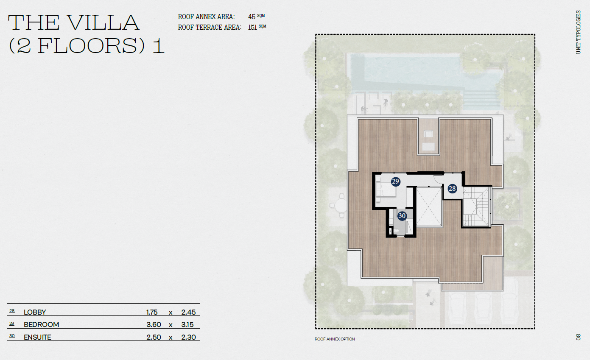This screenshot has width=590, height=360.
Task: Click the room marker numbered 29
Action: click(395, 181)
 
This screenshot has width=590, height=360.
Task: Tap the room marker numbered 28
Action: click(452, 189)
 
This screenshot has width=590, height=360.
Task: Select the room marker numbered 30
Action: click(402, 216)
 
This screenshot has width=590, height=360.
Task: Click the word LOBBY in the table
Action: click(35, 313)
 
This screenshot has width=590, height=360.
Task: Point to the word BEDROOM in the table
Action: click(41, 325)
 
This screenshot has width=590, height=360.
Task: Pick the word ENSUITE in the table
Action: click(37, 338)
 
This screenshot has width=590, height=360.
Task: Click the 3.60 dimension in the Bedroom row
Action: click(154, 325)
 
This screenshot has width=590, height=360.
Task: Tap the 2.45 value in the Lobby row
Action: click(189, 313)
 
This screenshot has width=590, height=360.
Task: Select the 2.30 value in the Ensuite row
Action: click(189, 338)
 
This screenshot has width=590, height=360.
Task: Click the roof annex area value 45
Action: click(252, 17)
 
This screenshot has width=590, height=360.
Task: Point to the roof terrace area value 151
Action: click(252, 28)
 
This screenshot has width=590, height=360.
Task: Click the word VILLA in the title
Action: click(103, 22)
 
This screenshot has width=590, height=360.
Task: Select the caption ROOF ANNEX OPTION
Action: click(335, 339)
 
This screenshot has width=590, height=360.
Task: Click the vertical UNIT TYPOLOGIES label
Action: click(578, 32)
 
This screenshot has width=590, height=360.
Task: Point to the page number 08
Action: click(578, 337)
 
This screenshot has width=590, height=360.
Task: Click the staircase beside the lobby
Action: click(476, 207)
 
